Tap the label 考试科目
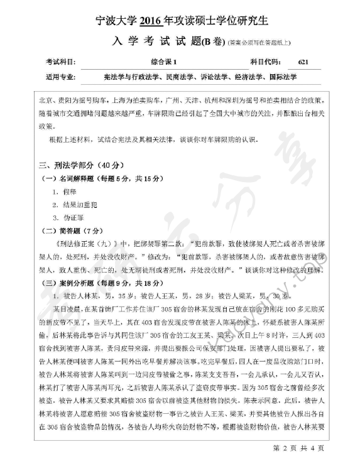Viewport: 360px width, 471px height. (60, 62)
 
